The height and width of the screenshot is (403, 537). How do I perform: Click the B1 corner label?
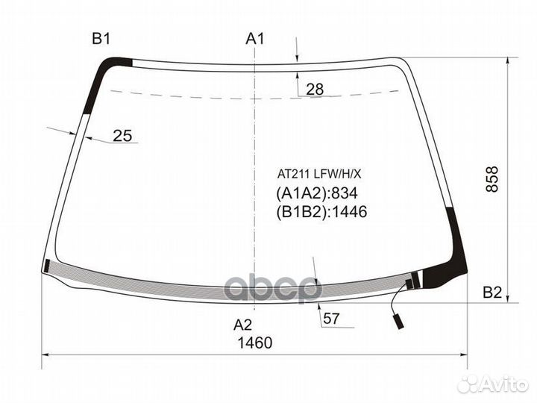click(101, 39)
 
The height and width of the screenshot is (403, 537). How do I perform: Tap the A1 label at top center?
click(256, 39)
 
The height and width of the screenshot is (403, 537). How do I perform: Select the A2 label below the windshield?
click(243, 325)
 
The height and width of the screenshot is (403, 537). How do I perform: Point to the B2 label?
click(492, 293)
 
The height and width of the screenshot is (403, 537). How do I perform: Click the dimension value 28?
click(315, 90)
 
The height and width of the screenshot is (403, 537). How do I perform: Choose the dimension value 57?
click(332, 319)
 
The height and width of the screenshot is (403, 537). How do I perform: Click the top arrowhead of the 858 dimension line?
click(508, 60)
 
